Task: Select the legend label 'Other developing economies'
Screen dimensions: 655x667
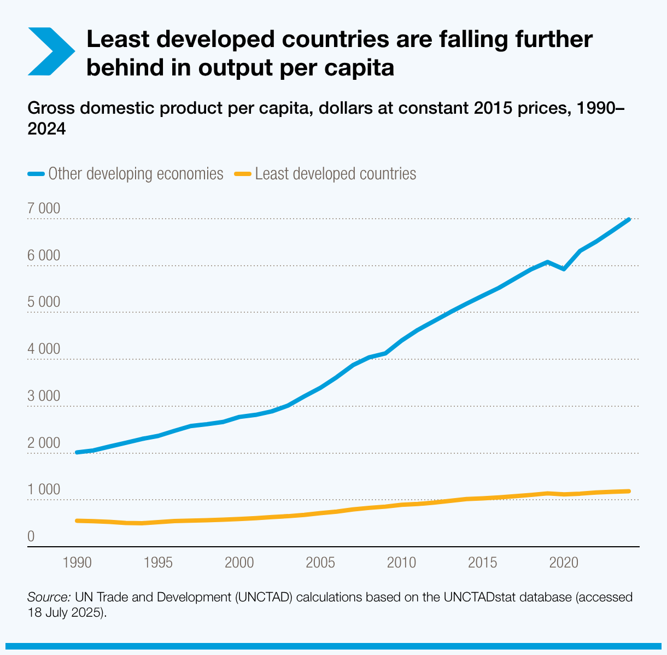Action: click(136, 174)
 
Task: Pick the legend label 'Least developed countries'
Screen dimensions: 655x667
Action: click(336, 174)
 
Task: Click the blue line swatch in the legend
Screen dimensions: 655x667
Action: click(36, 174)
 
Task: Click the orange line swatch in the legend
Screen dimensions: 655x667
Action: click(243, 174)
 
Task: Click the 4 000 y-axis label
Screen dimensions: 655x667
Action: click(44, 349)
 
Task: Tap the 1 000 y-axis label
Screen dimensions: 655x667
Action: click(44, 490)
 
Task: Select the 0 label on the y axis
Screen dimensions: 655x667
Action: click(31, 537)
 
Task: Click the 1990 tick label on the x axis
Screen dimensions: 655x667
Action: click(77, 563)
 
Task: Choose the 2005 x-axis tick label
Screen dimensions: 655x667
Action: click(320, 563)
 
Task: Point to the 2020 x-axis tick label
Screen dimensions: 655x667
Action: click(564, 563)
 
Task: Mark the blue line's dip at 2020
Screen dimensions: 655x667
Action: click(564, 269)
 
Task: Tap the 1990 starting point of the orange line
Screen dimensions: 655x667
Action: click(77, 521)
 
